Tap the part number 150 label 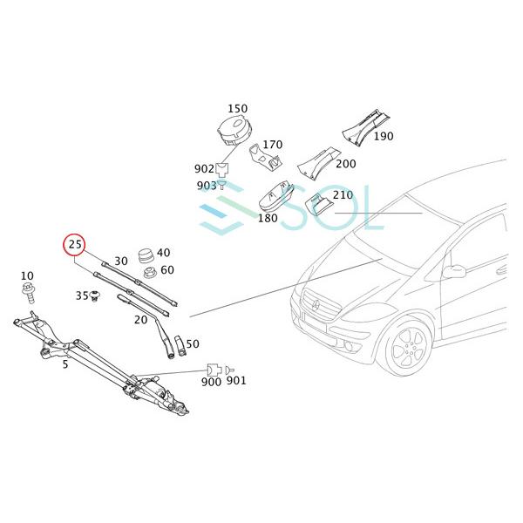pyautogui.click(x=237, y=109)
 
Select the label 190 pyautogui.click(x=384, y=137)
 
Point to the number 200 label pyautogui.click(x=345, y=164)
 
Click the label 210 pyautogui.click(x=343, y=195)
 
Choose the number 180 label pyautogui.click(x=267, y=218)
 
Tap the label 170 pyautogui.click(x=273, y=145)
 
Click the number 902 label pyautogui.click(x=204, y=169)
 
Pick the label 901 pyautogui.click(x=236, y=382)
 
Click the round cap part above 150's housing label pyautogui.click(x=234, y=133)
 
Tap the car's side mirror pyautogui.click(x=453, y=271)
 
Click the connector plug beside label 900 pyautogui.click(x=213, y=370)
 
